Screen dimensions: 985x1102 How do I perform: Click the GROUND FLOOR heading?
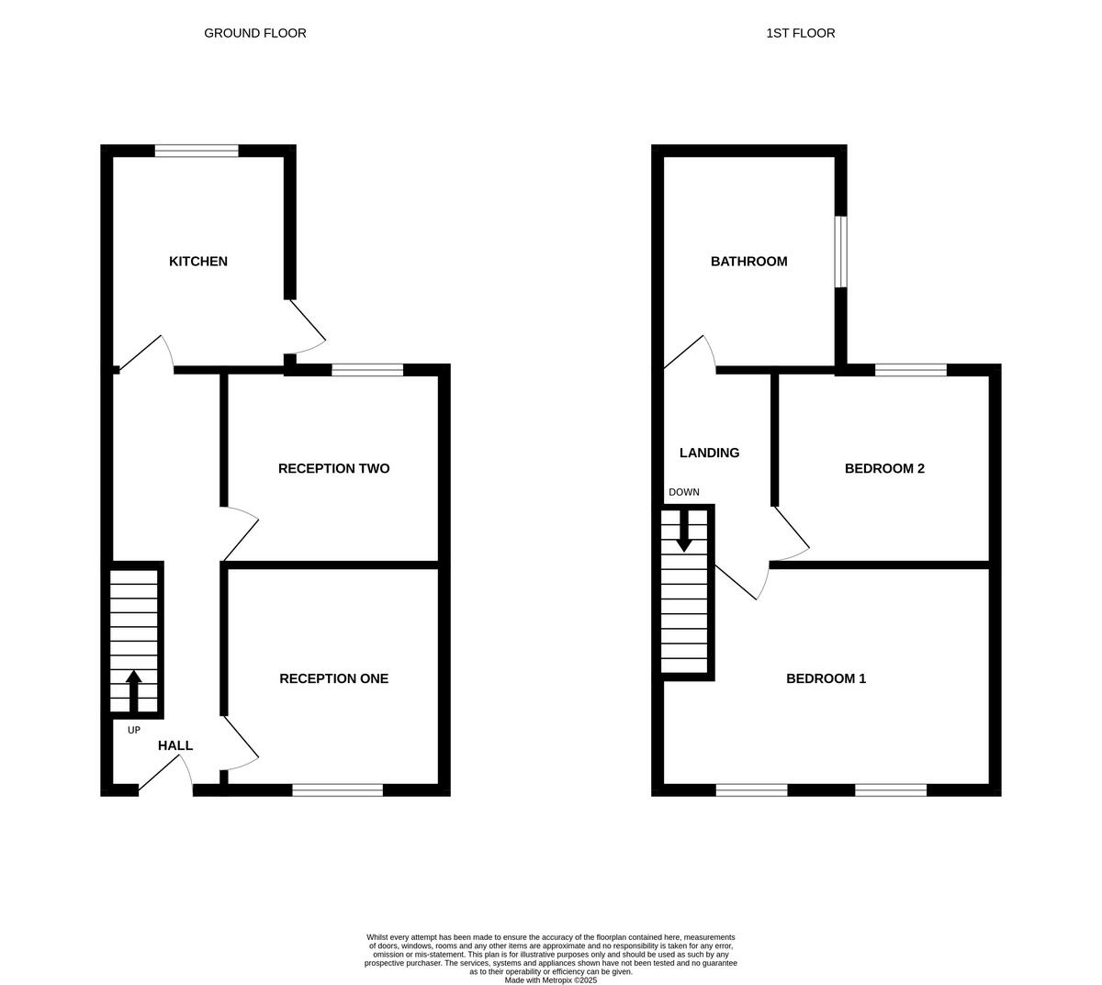coord(254,33)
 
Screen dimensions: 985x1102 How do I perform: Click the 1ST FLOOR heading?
coord(800,33)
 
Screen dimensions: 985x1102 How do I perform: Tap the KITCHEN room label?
coord(197,262)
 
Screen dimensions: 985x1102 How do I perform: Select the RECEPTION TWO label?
coord(333,468)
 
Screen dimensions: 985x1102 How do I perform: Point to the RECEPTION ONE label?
coord(333,678)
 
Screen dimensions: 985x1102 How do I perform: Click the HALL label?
coord(175,745)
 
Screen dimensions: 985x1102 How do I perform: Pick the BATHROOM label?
coord(748,262)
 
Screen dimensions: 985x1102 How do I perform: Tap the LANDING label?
coord(709,453)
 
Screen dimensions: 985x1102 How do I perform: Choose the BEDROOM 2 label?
coord(884,468)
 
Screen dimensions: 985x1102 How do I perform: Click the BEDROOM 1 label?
coord(826,678)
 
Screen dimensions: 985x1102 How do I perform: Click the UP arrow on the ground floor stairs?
coord(133,690)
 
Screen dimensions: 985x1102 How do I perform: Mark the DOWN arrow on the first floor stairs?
coord(683,532)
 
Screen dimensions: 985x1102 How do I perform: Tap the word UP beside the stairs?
coord(134,730)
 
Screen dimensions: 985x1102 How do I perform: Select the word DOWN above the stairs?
coord(683,492)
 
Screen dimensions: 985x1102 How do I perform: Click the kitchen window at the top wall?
coord(197,151)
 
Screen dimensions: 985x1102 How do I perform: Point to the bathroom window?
coord(840,252)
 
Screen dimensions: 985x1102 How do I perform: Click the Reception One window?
coord(337,790)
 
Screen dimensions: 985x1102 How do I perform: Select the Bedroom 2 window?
coord(910,370)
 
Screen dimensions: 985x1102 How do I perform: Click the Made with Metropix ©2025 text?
coord(550,979)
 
